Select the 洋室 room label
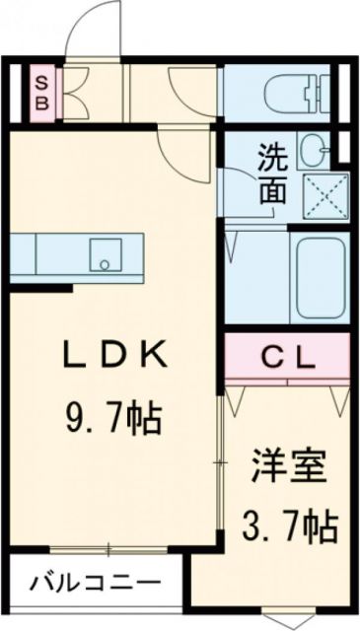coord(288,466)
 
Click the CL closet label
coord(287,356)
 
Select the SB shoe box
coord(42,90)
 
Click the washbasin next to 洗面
coord(317,151)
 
